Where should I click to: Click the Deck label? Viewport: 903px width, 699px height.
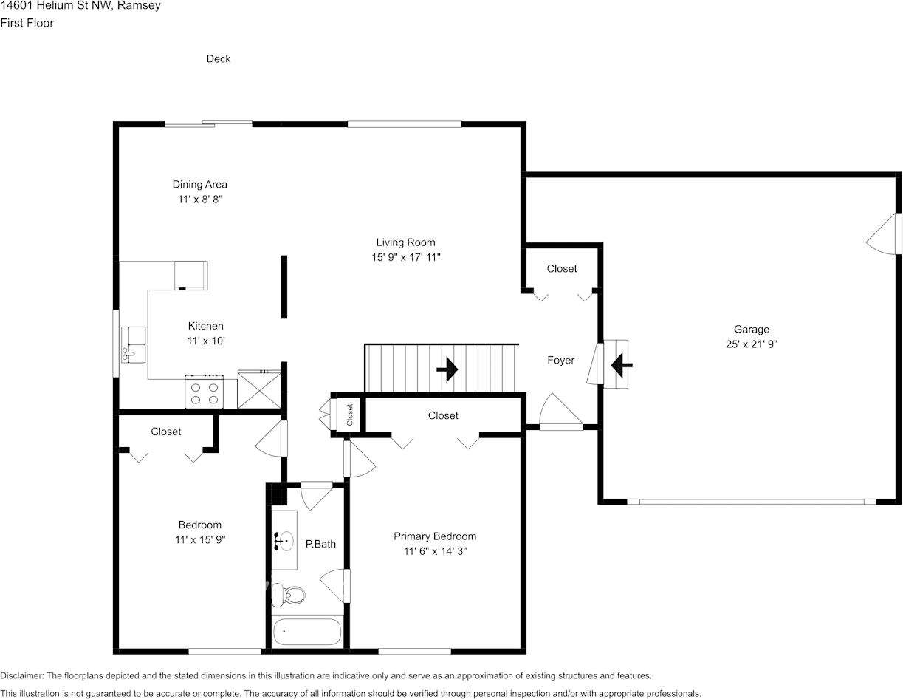pyautogui.click(x=219, y=59)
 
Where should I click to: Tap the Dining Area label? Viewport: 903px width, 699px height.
pyautogui.click(x=200, y=185)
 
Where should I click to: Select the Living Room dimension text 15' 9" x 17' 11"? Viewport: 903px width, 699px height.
pyautogui.click(x=406, y=257)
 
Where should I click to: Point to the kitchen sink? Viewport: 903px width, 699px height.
pyautogui.click(x=134, y=345)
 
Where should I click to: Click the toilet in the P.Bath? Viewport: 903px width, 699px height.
pyautogui.click(x=287, y=594)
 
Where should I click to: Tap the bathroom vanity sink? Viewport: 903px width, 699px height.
pyautogui.click(x=283, y=542)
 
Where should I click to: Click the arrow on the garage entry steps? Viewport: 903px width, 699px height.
pyautogui.click(x=619, y=364)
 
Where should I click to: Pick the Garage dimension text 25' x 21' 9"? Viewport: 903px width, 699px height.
pyautogui.click(x=751, y=344)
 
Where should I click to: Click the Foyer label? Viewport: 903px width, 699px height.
pyautogui.click(x=560, y=361)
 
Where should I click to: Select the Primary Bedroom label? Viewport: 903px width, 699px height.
pyautogui.click(x=435, y=536)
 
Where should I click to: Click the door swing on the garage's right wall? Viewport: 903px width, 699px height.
pyautogui.click(x=883, y=235)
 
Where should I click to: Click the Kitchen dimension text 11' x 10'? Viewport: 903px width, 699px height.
pyautogui.click(x=206, y=341)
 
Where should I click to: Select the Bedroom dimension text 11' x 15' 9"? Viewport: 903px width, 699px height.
pyautogui.click(x=200, y=540)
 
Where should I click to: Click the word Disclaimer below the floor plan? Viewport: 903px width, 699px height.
pyautogui.click(x=21, y=675)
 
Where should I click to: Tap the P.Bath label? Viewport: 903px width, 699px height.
pyautogui.click(x=320, y=544)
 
